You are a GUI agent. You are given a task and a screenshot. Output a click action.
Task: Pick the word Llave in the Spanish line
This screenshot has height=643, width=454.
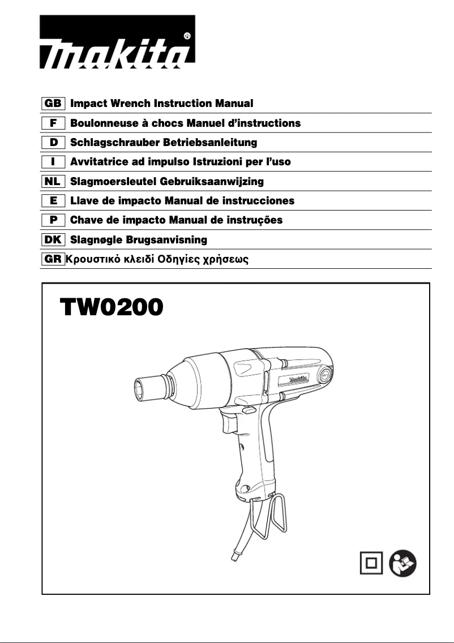click(83, 201)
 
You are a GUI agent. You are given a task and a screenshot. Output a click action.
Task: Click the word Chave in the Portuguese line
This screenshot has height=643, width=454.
click(84, 220)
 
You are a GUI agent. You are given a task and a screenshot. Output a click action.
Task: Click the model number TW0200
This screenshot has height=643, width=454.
click(112, 308)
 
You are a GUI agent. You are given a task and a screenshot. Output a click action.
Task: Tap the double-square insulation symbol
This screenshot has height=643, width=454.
click(371, 563)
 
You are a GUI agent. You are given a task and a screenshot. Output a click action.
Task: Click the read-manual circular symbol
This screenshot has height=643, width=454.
click(404, 563)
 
